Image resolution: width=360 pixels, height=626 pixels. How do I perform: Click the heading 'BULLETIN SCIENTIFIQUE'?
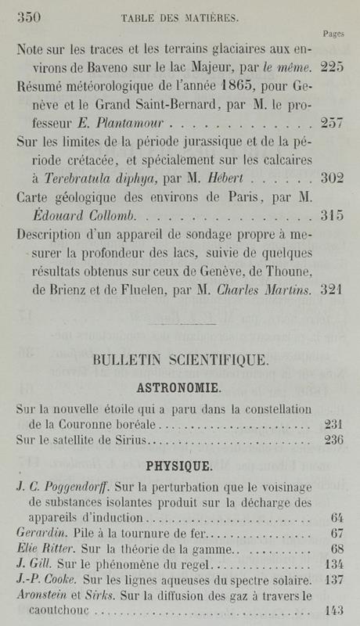tap(181, 361)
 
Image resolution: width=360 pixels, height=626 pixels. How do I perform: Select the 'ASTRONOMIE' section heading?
tap(180, 388)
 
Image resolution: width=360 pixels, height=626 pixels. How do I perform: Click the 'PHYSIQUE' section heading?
tap(179, 467)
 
